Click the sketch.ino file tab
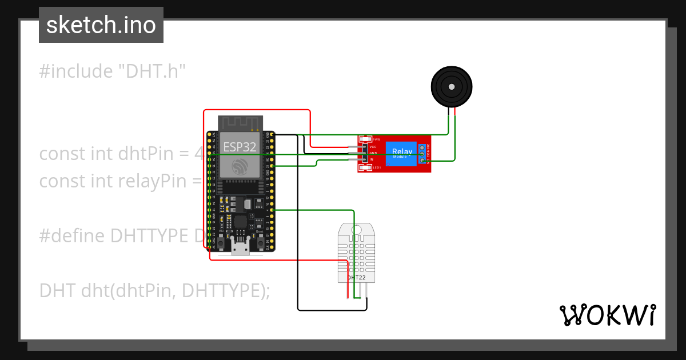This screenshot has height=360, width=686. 101,25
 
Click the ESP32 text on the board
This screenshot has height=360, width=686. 239,146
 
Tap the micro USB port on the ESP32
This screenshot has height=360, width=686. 240,247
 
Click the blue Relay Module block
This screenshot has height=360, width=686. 401,154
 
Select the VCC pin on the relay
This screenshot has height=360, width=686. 373,147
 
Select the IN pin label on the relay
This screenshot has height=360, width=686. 372,159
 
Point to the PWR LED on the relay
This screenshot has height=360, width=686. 365,139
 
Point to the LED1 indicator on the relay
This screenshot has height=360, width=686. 365,167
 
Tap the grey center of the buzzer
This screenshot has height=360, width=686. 452,87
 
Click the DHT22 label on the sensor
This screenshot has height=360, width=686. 356,278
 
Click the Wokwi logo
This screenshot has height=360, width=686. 607,315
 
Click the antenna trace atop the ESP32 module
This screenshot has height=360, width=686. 240,122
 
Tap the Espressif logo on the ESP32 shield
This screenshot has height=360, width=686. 240,167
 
